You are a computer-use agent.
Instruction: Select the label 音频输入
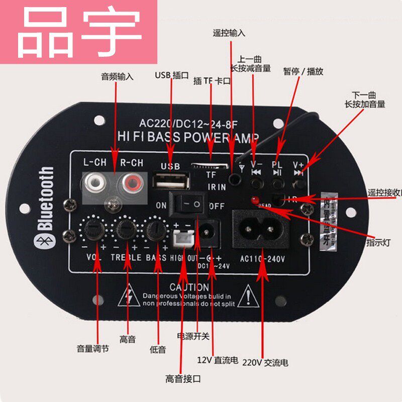pos(117,77)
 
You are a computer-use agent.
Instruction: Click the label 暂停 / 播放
pos(303,72)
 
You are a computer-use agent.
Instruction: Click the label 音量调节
pos(93,348)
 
